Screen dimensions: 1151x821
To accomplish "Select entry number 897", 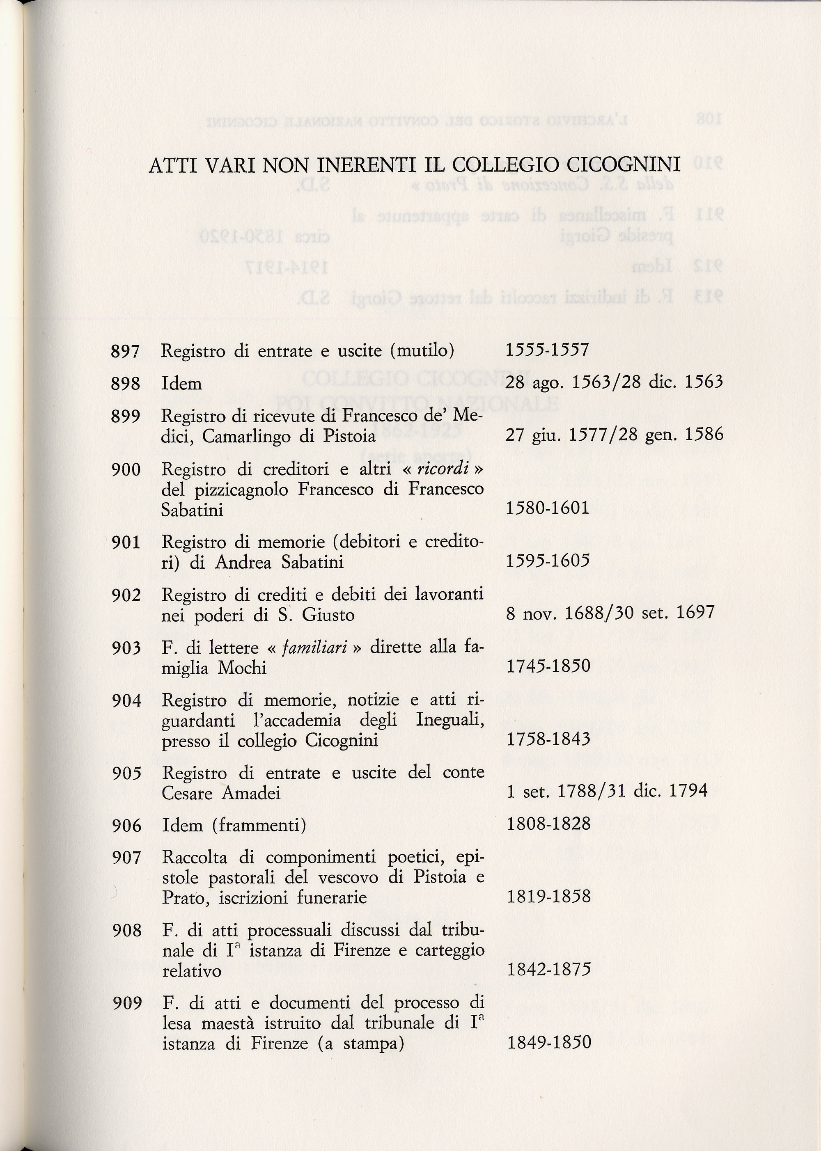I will [x=125, y=351].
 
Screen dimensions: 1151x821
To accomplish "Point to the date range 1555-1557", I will [x=548, y=350].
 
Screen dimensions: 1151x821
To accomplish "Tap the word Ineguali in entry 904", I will [x=450, y=721].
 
